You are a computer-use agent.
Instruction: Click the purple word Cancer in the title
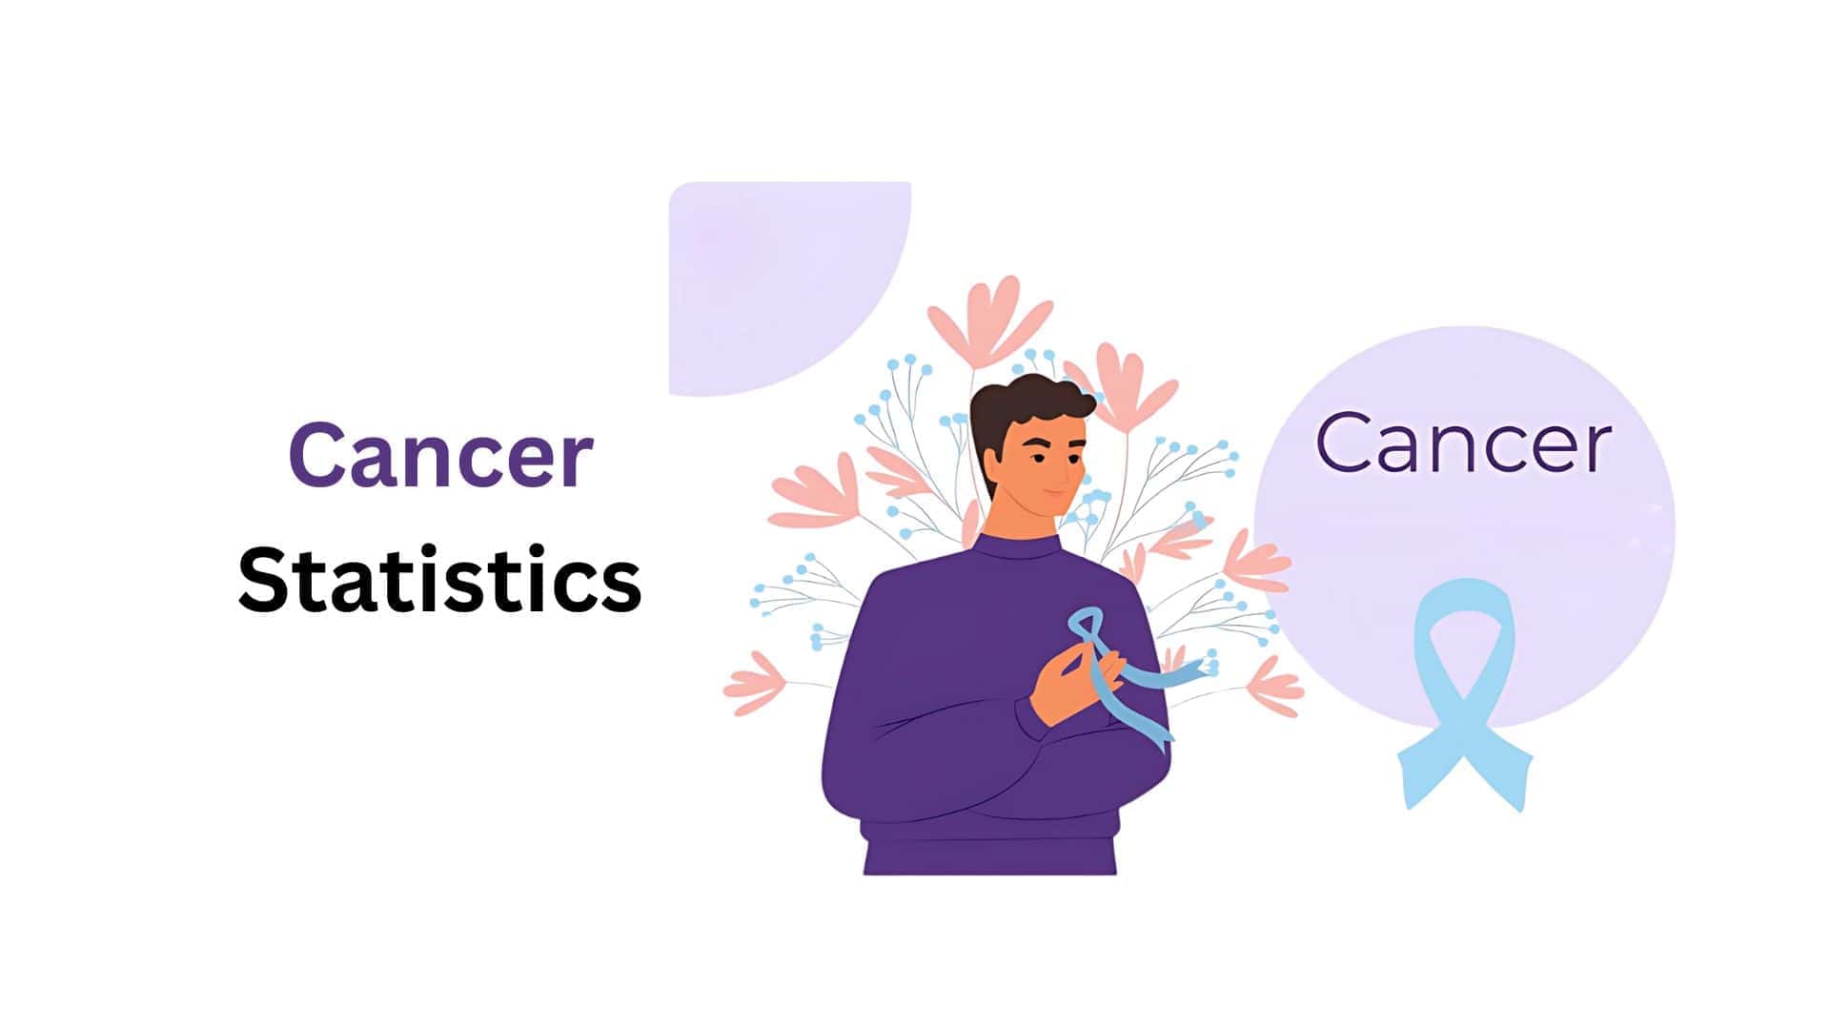(440, 456)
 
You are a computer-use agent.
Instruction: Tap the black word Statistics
(440, 579)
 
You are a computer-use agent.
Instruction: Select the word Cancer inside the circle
(1463, 443)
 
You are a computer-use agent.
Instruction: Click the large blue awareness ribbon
(1463, 696)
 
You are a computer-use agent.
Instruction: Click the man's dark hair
(1025, 405)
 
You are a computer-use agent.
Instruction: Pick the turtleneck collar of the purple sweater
(1020, 548)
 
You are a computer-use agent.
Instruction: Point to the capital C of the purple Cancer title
(317, 456)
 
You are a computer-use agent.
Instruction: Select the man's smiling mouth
(1053, 493)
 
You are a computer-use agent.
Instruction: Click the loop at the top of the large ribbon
(1464, 620)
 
